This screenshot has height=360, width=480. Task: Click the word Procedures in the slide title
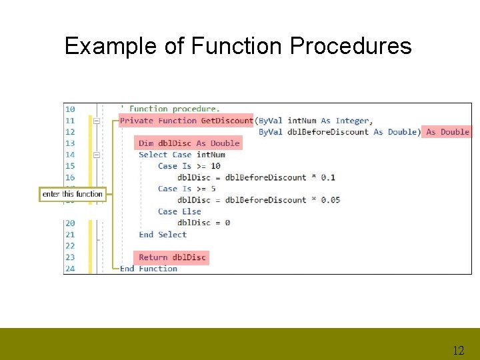point(351,46)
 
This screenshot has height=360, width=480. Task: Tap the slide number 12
point(458,350)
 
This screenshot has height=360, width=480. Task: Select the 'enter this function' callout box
point(73,194)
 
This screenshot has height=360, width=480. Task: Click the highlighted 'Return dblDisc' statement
point(172,257)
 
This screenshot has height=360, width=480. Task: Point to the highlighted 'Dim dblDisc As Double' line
point(189,143)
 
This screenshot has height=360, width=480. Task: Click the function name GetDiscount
point(227,121)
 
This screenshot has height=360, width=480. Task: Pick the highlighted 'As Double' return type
point(447,132)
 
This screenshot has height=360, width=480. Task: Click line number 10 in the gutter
point(70,109)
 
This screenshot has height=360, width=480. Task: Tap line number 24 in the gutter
point(70,269)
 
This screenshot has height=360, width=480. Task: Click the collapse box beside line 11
point(97,121)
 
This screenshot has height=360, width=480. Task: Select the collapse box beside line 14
point(97,155)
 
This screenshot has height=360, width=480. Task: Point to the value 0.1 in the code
point(328,177)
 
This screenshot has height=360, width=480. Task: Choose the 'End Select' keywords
point(163,234)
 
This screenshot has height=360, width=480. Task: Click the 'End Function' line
point(148,269)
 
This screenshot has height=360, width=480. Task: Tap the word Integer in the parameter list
point(351,121)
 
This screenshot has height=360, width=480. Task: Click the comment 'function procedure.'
point(174,109)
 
